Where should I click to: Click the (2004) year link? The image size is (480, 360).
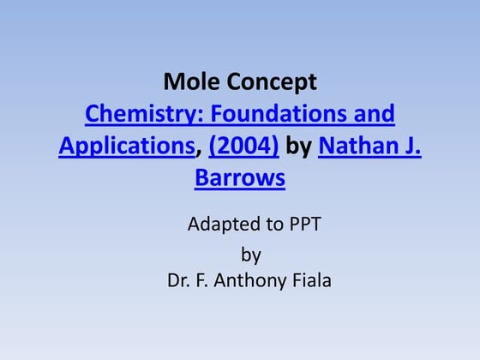tap(243, 147)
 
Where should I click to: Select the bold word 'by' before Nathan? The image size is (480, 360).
tap(299, 147)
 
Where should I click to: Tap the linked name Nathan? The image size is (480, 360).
tap(356, 147)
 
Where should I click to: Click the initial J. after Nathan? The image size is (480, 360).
tap(410, 147)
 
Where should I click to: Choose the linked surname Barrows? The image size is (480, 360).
tap(240, 179)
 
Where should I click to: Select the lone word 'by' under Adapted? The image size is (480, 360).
tap(250, 255)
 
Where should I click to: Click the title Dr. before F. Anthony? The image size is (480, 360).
tap(179, 281)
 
